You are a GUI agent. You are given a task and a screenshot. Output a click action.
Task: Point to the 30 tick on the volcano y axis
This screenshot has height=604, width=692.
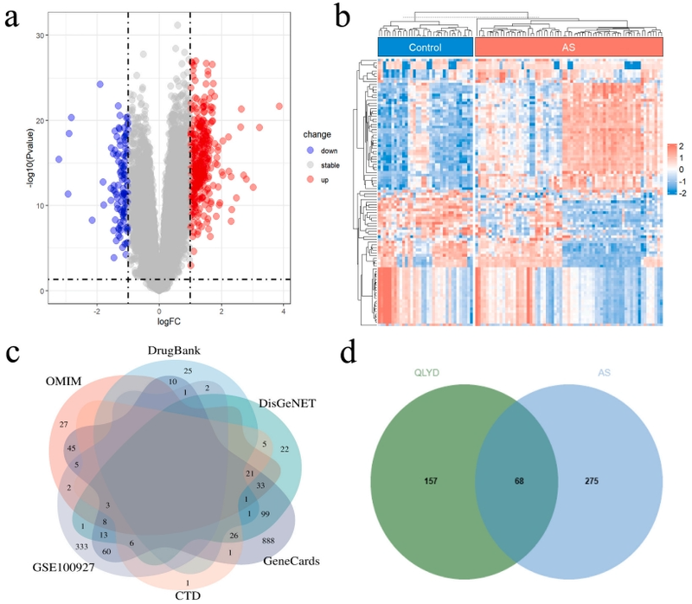40,35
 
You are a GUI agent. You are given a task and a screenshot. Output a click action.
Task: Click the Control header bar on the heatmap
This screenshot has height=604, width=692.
426,47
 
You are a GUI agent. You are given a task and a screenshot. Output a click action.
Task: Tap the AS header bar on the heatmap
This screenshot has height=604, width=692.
568,47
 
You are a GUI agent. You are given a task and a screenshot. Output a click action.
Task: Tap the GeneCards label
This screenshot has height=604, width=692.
290,561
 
